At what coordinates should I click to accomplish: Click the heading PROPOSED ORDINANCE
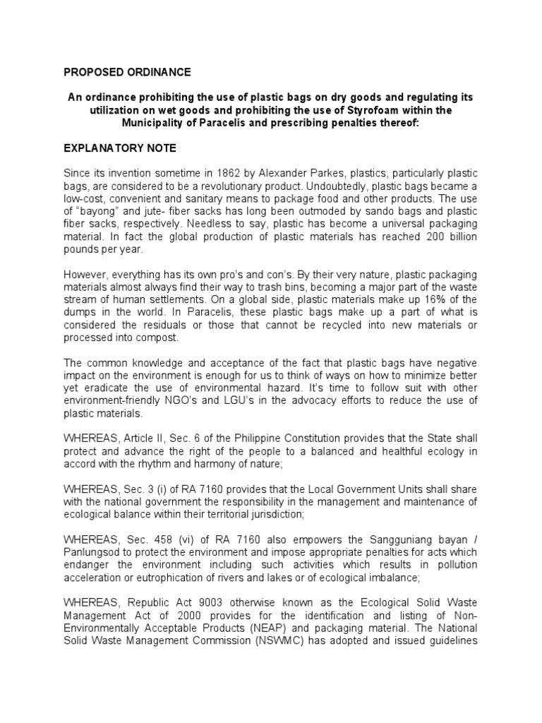pos(127,72)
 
